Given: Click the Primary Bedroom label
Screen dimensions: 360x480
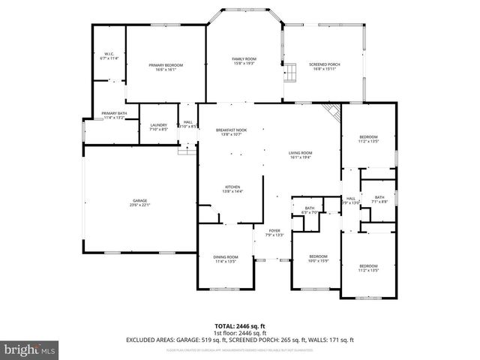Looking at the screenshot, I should point(166,67).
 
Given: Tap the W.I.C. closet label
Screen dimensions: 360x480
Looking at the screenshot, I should point(109,55).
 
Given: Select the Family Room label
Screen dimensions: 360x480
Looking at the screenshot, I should point(244,61).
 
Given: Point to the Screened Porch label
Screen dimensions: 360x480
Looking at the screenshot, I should point(325,67).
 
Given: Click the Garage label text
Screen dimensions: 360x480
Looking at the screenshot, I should point(139,202).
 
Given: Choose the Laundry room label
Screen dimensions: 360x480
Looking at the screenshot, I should point(158,127).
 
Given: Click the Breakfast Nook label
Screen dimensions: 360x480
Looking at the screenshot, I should point(231,132).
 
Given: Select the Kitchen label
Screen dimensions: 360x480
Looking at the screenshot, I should point(232,189).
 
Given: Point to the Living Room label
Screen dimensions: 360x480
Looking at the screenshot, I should point(301,155).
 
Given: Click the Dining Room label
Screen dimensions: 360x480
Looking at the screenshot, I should point(226,259).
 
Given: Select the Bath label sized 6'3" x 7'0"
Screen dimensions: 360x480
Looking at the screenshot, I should point(309,211).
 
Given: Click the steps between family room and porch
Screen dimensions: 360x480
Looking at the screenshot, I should point(286,73).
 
